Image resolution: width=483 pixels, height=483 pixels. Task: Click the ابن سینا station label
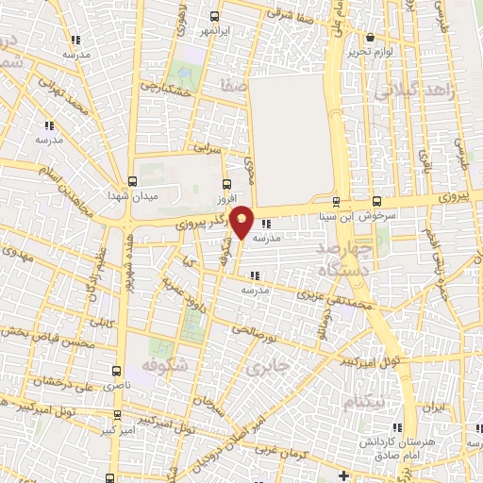point(337,215)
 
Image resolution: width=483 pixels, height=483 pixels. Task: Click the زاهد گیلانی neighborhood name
point(415,92)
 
